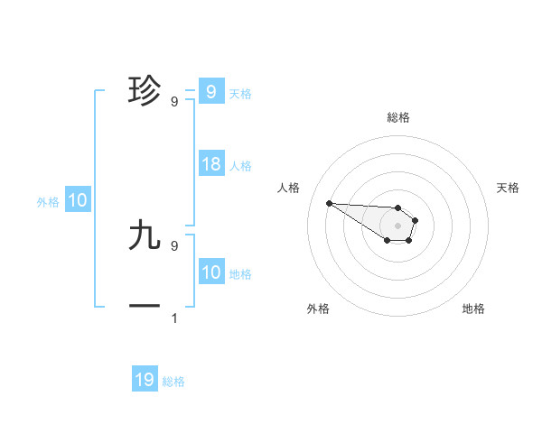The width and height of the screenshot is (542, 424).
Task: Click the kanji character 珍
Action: pos(145,90)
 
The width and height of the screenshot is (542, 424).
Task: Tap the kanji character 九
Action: pos(145,235)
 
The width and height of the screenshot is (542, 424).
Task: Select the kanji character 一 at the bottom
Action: pos(145,307)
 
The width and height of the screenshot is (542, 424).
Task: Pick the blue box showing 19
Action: pos(145,380)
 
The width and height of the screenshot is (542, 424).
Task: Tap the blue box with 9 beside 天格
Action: pos(211,91)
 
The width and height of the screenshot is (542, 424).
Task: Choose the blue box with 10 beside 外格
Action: pos(78,200)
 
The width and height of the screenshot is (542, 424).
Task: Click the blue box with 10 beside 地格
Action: pos(211,272)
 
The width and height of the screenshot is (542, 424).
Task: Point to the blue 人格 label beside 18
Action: pos(240,166)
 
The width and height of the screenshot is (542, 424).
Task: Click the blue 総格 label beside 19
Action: pos(173,382)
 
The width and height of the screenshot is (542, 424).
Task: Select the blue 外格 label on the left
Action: pos(48,202)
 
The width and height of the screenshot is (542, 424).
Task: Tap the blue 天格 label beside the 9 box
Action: pos(240,94)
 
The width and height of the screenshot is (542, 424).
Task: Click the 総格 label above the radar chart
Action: pos(398,117)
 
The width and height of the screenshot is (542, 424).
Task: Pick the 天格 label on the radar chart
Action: pos(508,188)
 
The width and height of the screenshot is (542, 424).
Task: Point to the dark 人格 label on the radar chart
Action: pos(289,188)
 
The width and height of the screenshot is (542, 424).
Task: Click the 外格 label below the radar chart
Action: pos(318,309)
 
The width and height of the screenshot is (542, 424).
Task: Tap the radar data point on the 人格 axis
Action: pos(329,203)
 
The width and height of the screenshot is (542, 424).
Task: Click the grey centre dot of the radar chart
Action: pos(398,226)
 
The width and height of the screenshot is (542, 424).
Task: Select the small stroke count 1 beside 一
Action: pos(174,318)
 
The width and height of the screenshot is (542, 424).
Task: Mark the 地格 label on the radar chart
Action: pos(473,309)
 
